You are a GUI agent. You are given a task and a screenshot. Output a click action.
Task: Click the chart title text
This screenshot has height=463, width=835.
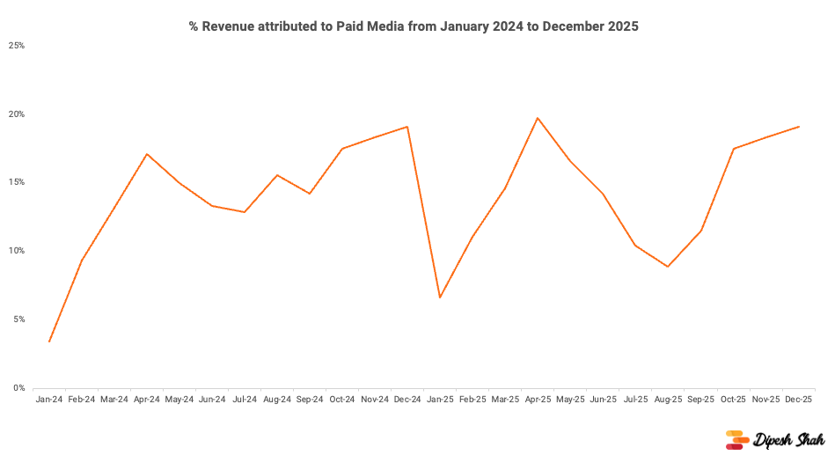click(414, 26)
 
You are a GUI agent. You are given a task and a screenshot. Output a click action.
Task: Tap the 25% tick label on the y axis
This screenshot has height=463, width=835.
click(17, 45)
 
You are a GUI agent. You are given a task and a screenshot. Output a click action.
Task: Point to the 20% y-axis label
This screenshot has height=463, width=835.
click(17, 114)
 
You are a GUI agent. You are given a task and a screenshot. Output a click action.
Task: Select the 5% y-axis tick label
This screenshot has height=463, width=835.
click(18, 320)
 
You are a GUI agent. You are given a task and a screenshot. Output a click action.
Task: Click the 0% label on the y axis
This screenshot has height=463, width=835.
click(18, 388)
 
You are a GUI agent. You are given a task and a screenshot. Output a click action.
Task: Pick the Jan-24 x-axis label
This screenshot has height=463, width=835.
click(49, 400)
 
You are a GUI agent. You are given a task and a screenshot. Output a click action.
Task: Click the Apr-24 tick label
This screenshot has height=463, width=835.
click(147, 400)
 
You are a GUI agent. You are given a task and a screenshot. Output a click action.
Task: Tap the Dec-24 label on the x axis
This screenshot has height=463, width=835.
click(407, 400)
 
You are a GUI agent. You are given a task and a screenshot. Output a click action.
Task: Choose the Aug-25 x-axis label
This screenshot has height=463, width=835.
click(668, 400)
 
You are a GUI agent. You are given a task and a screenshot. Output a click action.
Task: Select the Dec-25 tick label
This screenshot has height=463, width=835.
click(798, 400)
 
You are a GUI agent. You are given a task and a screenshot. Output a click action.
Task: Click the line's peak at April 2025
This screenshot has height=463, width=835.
click(538, 118)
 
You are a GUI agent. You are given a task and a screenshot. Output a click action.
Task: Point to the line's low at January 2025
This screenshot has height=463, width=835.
click(440, 298)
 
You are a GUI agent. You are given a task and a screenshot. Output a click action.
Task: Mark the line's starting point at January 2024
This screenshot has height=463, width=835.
click(49, 342)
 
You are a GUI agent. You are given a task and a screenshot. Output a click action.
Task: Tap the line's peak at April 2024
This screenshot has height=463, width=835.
click(147, 154)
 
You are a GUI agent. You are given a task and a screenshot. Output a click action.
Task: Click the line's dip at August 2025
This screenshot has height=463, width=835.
click(668, 266)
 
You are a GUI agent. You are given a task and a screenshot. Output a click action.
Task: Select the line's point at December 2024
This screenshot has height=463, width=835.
click(407, 127)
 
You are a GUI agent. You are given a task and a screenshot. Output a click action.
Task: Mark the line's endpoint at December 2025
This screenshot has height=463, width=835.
click(798, 127)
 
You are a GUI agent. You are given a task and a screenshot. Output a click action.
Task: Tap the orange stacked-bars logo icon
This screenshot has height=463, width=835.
click(736, 440)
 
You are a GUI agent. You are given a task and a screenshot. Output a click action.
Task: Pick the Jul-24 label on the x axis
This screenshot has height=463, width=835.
click(245, 400)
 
